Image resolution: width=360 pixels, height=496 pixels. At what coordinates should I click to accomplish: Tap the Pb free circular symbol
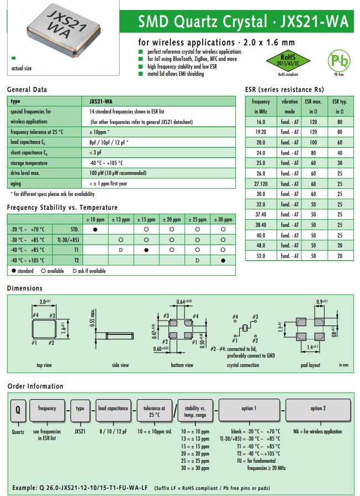click(337, 61)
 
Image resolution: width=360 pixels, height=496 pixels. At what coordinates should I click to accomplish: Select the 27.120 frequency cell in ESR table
click(260, 183)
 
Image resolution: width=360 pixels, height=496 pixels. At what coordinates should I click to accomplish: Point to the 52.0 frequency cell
click(260, 256)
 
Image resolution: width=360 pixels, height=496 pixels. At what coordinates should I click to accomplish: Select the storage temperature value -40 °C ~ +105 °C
click(106, 163)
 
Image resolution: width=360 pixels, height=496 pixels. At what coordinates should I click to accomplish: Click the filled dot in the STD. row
click(96, 229)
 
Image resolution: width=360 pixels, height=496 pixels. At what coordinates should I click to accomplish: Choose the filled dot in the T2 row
click(223, 260)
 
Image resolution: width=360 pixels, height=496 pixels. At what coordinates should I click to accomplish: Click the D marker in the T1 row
click(121, 250)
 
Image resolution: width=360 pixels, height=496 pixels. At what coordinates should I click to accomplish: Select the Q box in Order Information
click(17, 412)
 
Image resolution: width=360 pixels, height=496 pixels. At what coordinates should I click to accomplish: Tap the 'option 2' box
click(317, 409)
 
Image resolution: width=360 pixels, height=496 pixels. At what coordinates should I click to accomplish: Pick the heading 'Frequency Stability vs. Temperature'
click(62, 208)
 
